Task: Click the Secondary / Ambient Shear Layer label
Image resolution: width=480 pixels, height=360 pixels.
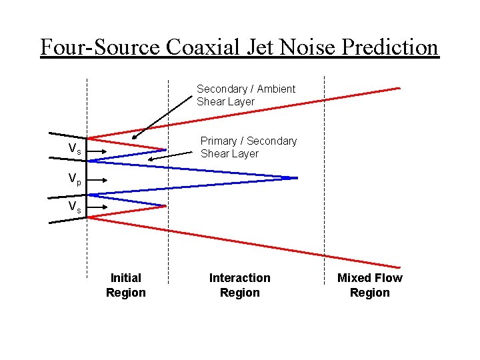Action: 245,95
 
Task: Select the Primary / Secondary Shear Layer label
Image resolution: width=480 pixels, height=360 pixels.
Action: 249,147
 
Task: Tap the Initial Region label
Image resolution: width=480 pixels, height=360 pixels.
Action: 125,285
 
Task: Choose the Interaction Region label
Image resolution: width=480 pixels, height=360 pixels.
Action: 239,285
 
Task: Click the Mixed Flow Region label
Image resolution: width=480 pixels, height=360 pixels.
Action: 369,285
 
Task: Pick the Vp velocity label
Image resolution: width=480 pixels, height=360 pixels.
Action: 74,179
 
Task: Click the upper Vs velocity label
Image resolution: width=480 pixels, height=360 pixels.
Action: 75,149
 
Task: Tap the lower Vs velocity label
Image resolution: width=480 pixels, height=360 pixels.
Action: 75,207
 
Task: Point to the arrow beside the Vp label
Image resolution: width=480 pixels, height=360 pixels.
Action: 94,179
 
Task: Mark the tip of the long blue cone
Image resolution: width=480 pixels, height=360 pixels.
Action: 296,178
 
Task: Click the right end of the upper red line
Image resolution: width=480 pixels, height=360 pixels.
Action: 399,88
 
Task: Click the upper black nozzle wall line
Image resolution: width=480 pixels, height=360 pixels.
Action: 69,134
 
